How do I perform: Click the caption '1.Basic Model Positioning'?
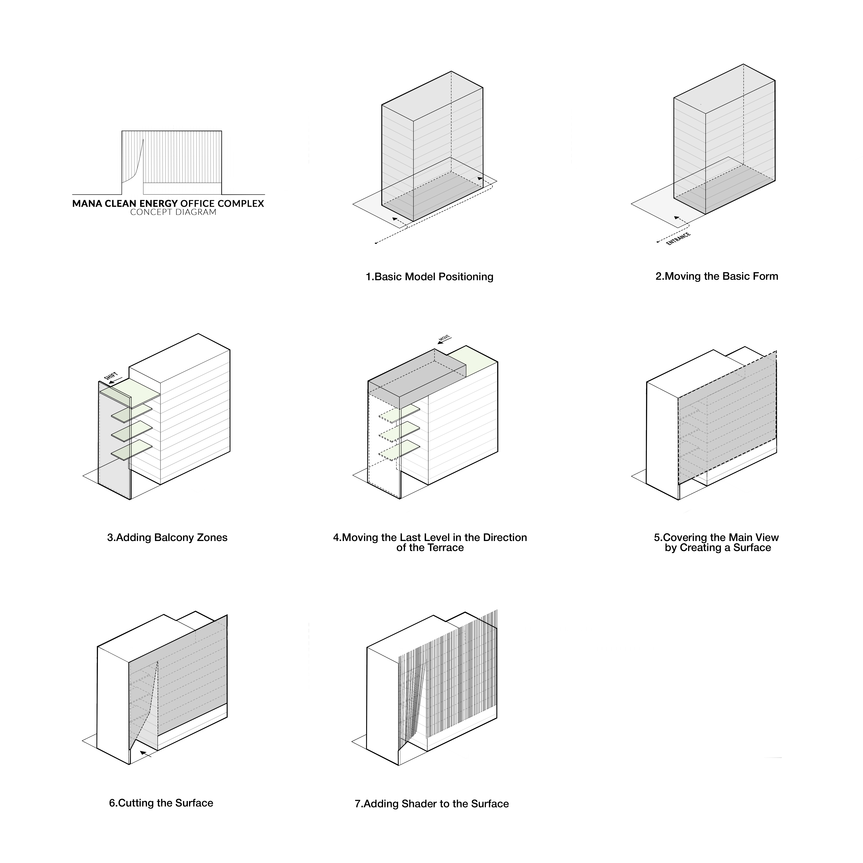[x=429, y=277]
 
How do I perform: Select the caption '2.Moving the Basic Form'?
[x=716, y=276]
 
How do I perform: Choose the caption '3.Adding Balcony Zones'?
[x=167, y=537]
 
